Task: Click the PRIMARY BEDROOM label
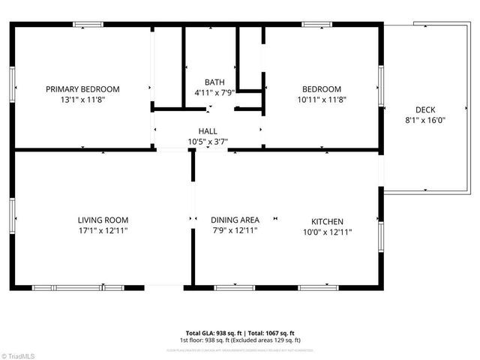82,89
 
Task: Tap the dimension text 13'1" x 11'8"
82,99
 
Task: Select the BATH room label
214,82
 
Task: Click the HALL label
208,131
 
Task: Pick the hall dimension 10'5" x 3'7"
208,141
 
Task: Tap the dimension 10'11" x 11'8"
321,99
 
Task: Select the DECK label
425,109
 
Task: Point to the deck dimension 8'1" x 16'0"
425,119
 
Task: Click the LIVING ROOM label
103,220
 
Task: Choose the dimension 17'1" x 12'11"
103,230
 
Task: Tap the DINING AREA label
235,220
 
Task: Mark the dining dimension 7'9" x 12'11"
235,230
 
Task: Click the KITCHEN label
327,222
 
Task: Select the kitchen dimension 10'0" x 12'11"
327,232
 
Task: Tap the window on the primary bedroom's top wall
88,24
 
